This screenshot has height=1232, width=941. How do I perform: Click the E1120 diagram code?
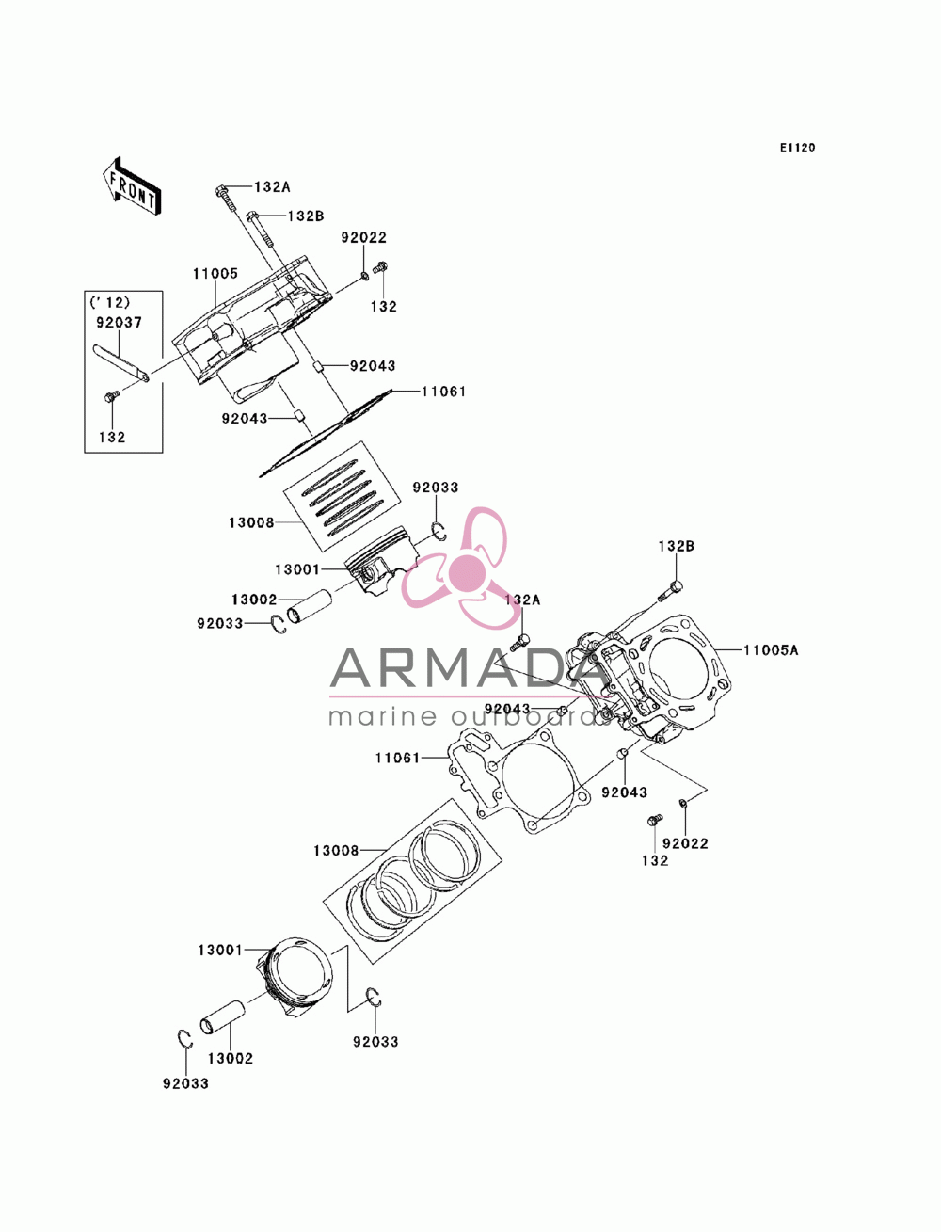(797, 148)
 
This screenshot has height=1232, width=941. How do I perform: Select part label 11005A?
(771, 650)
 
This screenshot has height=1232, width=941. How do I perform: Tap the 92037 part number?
(119, 322)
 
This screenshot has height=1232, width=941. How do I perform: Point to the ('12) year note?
(110, 302)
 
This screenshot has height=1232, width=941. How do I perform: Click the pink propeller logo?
(458, 568)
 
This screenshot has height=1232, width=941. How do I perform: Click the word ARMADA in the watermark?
(470, 667)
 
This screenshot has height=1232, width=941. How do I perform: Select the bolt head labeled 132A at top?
(220, 190)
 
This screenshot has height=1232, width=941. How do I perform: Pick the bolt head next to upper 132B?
(252, 216)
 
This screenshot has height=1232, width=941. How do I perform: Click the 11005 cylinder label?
(215, 273)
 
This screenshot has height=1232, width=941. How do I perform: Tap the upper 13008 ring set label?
(251, 522)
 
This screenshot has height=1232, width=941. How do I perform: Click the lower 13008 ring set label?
(336, 850)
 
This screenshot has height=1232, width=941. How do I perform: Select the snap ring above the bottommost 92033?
(185, 1039)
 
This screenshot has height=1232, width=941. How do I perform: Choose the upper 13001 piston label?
(297, 569)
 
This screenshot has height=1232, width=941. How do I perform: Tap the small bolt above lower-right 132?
(654, 820)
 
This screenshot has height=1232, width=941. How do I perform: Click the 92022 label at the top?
(364, 237)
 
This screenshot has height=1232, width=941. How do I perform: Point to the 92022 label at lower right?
(685, 859)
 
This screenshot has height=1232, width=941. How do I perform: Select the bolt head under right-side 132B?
(677, 586)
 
